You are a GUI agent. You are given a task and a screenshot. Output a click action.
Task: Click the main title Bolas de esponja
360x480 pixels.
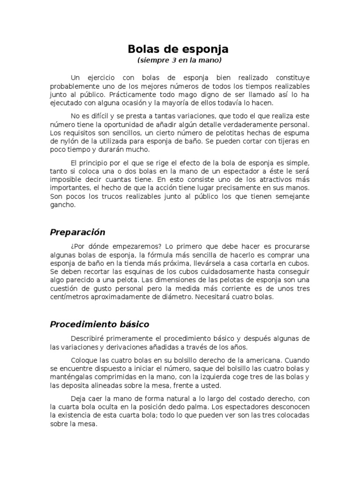point(179,49)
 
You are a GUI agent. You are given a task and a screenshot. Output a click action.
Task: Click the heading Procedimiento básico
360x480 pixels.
point(99,324)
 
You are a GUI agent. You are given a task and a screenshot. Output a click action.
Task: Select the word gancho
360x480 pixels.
point(61,205)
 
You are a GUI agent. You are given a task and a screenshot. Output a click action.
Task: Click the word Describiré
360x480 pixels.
point(90,338)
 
